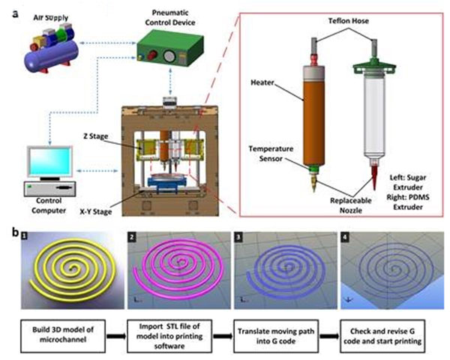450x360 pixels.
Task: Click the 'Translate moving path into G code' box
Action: coord(280,331)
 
